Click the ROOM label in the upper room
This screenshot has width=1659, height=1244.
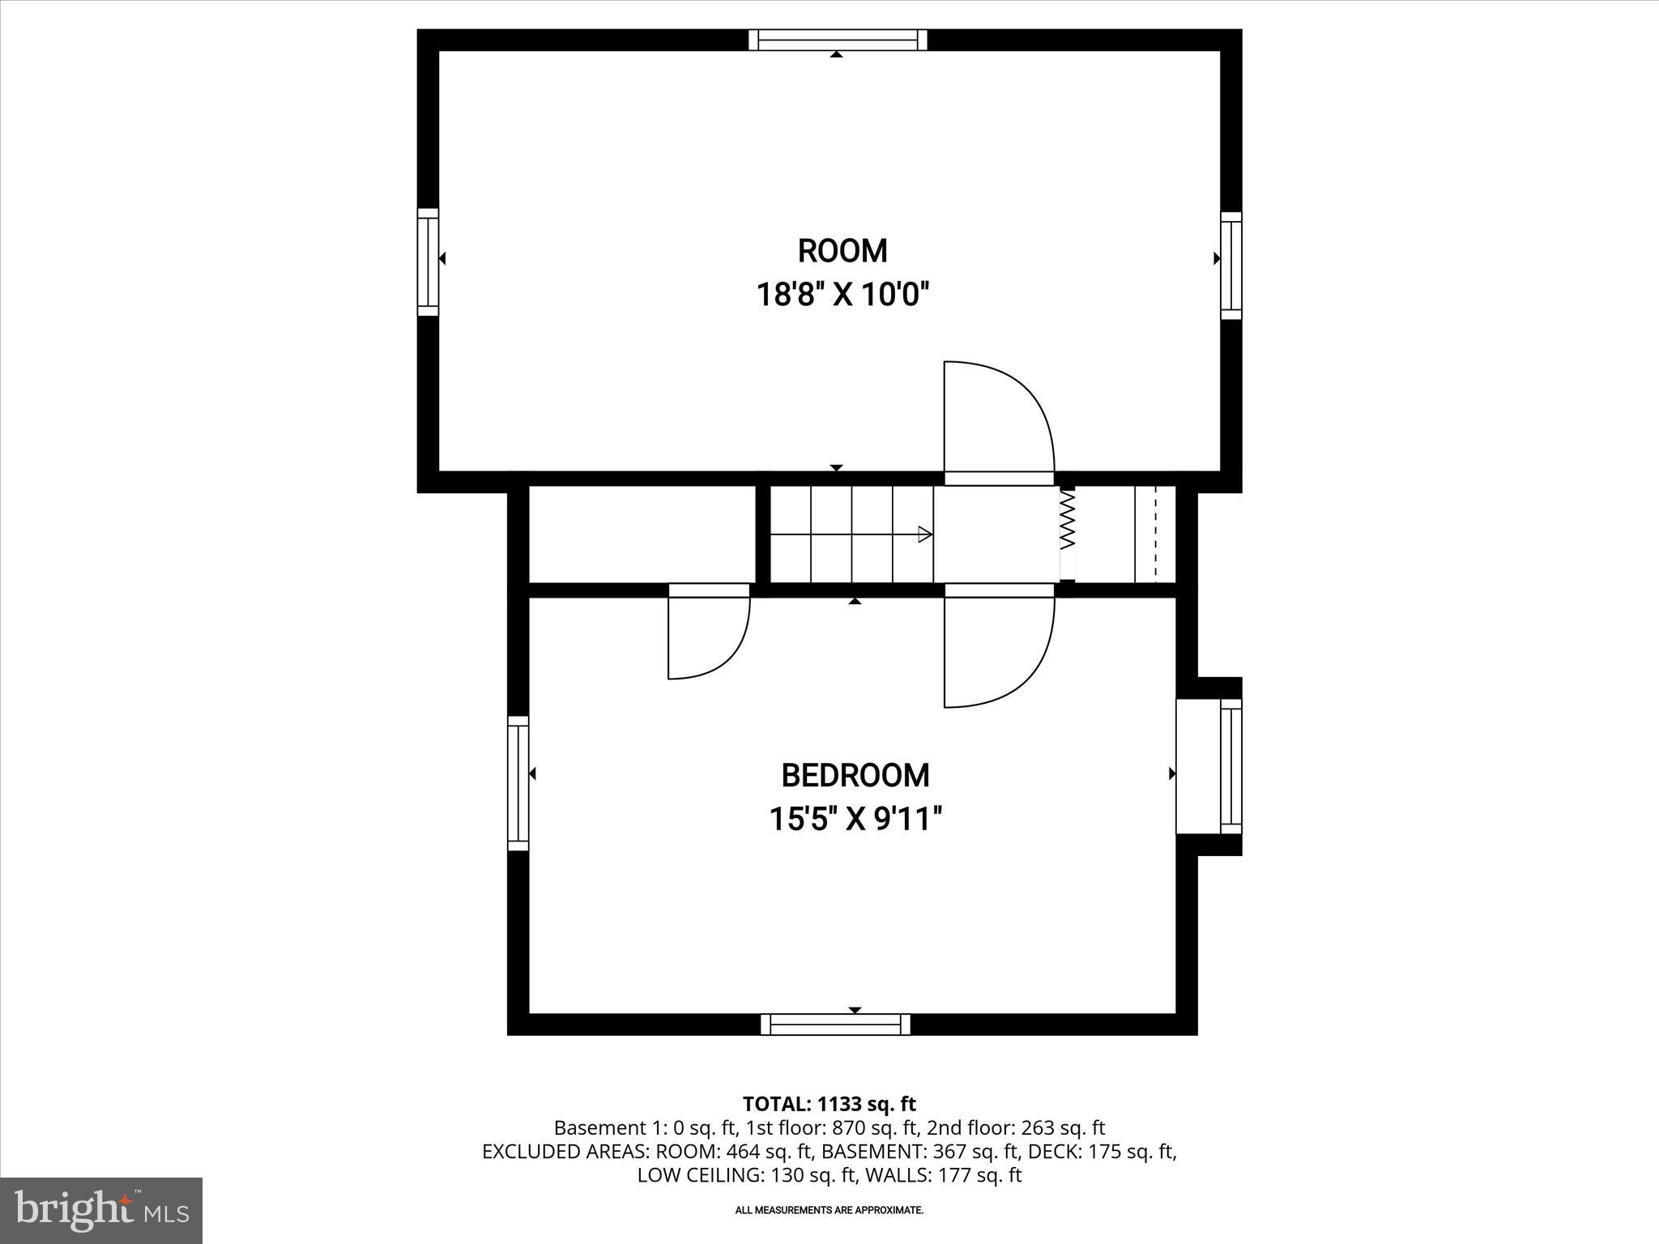tap(842, 251)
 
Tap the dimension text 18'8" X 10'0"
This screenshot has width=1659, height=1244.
tap(842, 295)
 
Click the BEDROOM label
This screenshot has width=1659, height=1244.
tap(855, 776)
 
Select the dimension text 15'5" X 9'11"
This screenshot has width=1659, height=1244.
tap(855, 819)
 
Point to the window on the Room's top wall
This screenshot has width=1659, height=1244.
tap(838, 40)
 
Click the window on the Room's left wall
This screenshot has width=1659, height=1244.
tap(428, 262)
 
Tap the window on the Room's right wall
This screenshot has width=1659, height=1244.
tap(1230, 266)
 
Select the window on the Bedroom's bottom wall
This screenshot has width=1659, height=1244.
tap(835, 1025)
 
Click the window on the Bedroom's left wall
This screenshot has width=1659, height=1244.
tap(518, 783)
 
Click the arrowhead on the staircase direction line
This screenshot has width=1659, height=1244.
tap(924, 534)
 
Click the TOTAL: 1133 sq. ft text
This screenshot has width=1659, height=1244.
tap(829, 1104)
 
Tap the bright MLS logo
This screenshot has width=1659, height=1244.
tap(101, 1210)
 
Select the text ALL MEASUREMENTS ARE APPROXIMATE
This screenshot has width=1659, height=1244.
tap(829, 1210)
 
